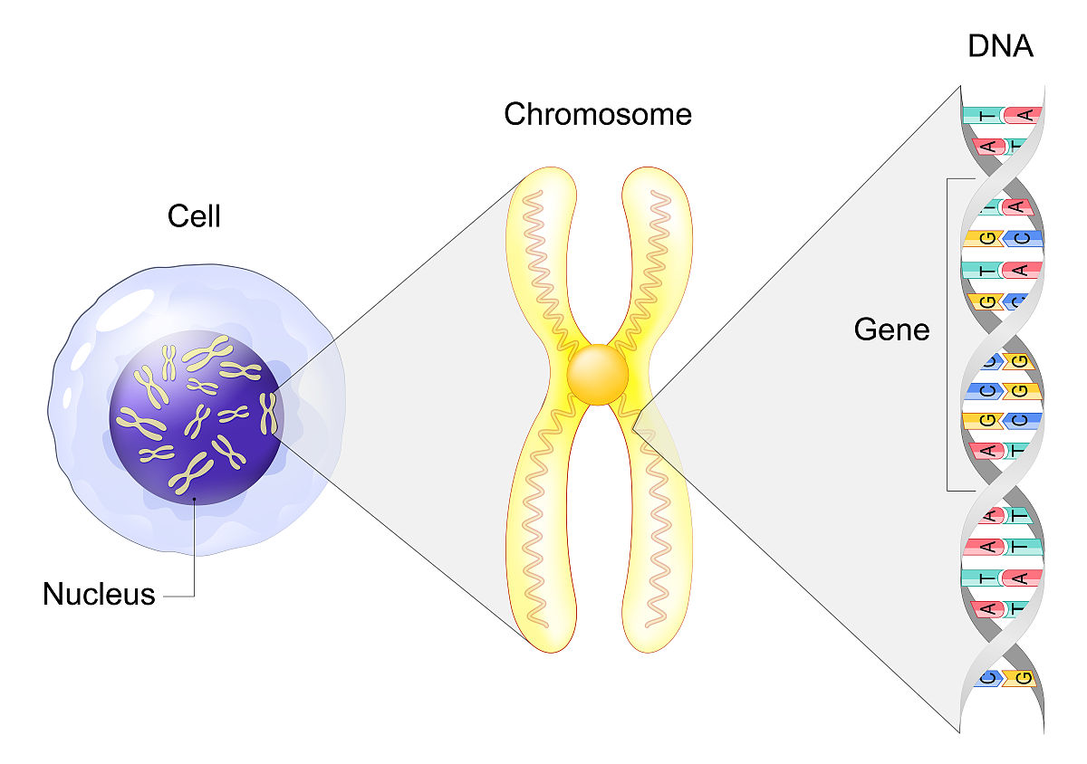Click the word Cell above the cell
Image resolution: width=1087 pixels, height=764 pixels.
click(x=194, y=217)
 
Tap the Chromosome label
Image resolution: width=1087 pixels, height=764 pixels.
click(x=598, y=115)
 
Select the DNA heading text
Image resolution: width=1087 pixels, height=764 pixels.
click(x=1000, y=46)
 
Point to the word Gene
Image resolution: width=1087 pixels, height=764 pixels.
click(x=891, y=330)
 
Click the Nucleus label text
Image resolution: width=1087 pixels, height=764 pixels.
click(x=99, y=595)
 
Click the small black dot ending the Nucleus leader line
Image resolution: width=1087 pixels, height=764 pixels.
click(x=194, y=497)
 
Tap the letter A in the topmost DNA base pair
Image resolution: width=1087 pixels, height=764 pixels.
click(x=1025, y=115)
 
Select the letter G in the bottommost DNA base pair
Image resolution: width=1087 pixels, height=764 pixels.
click(x=1024, y=677)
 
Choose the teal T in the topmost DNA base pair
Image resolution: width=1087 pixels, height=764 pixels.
click(x=982, y=115)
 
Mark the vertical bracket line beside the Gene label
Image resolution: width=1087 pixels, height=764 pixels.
click(x=948, y=335)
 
